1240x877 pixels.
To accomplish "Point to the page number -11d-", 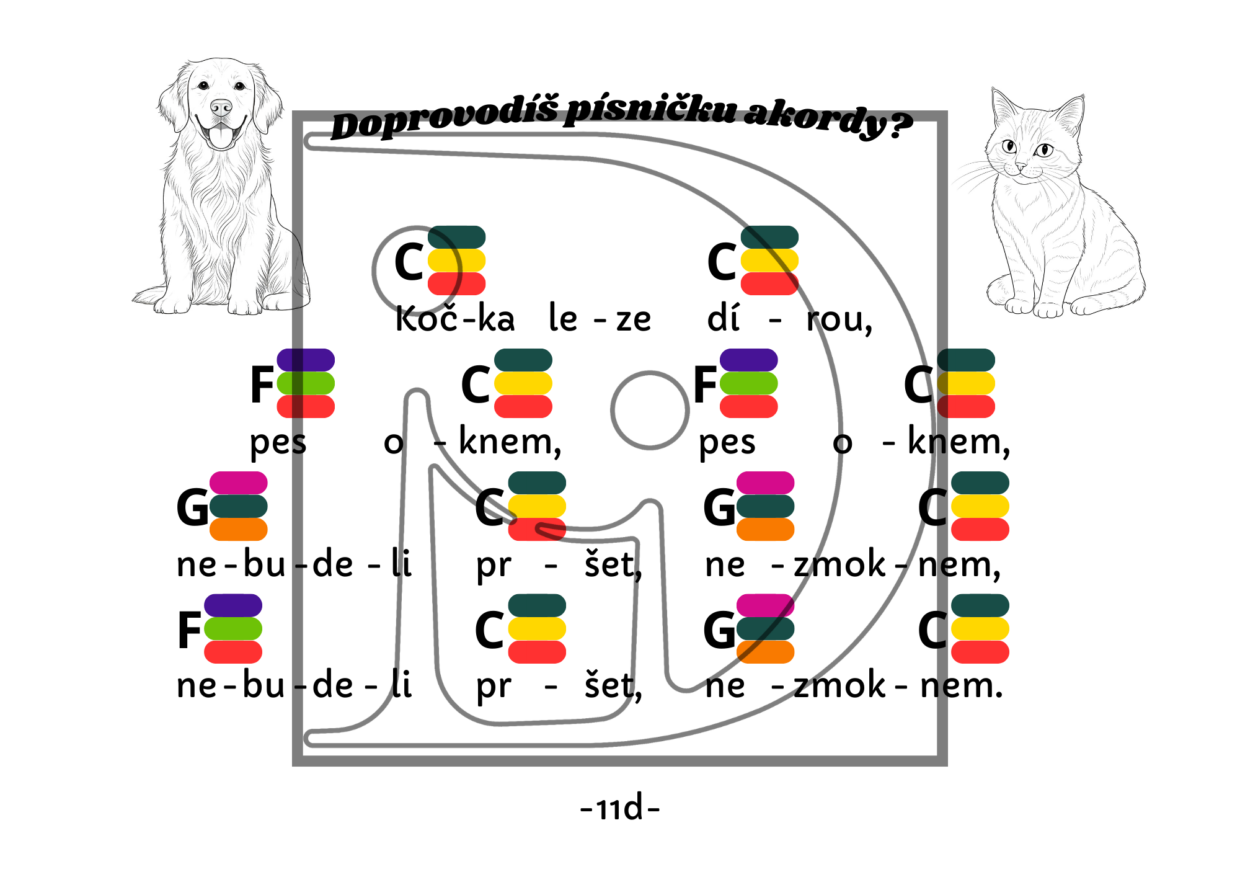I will [620, 808].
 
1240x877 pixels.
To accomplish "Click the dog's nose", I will [221, 107].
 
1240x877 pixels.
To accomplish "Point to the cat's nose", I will [1019, 166].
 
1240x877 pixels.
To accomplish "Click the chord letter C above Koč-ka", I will [409, 262].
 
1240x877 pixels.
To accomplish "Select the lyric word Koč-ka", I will [455, 319].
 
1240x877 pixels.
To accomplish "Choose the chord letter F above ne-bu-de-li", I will [189, 630].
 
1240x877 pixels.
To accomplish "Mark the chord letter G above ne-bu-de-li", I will [192, 507].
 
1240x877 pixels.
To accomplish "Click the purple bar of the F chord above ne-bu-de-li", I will [233, 605].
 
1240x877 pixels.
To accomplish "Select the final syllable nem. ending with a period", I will [961, 686].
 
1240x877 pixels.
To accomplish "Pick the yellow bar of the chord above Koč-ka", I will [457, 260].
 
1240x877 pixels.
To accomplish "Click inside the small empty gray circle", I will [650, 410].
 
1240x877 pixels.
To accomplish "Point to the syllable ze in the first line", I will [633, 320].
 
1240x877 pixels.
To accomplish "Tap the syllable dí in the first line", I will [723, 319].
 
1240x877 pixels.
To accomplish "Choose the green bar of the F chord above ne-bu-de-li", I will [233, 629].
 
